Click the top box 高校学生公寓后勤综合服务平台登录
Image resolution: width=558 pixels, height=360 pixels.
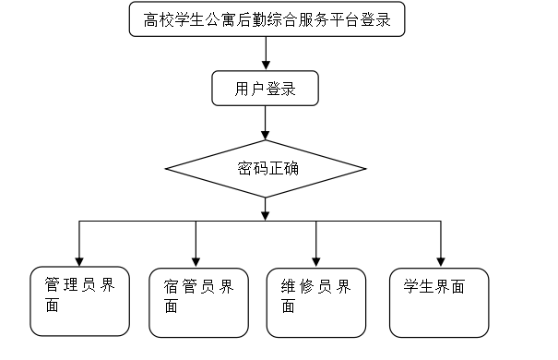point(267,19)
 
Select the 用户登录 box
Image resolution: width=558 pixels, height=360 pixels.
point(266,90)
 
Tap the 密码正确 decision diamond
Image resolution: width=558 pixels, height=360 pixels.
point(266,169)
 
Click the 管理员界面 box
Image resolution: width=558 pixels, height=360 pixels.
point(79,300)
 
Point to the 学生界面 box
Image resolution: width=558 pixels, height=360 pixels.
point(439,302)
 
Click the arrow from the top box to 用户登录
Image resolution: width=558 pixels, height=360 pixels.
point(266,53)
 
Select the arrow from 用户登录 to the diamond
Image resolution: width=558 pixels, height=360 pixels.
point(266,123)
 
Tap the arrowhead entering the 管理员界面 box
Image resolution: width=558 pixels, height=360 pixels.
point(79,258)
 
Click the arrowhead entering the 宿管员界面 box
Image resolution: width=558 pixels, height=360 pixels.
point(196,259)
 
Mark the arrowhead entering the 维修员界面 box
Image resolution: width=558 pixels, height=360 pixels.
point(316,259)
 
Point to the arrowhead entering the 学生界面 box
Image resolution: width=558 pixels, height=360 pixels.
point(440,258)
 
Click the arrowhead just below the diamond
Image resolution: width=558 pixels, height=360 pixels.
point(266,214)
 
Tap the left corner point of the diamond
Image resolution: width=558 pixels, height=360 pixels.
point(165,169)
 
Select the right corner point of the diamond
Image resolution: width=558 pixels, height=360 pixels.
point(366,169)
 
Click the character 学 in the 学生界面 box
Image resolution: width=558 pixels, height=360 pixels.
point(410,287)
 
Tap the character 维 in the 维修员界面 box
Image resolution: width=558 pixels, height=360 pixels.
point(287,287)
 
